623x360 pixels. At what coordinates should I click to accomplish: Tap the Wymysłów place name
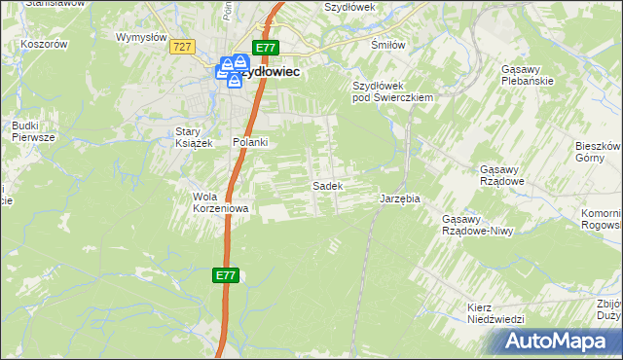(x=137, y=37)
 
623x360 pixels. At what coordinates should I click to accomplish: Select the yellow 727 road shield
(x=182, y=47)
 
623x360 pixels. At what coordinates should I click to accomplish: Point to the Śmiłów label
(x=387, y=45)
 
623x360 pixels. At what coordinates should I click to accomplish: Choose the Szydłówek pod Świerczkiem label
(x=391, y=91)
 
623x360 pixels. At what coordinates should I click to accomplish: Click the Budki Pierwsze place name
(x=30, y=131)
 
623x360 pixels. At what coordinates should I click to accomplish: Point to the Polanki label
(x=249, y=142)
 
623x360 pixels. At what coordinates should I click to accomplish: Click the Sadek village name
(x=325, y=185)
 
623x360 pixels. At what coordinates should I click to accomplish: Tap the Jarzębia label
(x=399, y=198)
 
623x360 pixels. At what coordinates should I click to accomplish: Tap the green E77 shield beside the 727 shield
(x=267, y=48)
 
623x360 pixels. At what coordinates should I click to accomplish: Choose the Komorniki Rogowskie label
(x=605, y=219)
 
